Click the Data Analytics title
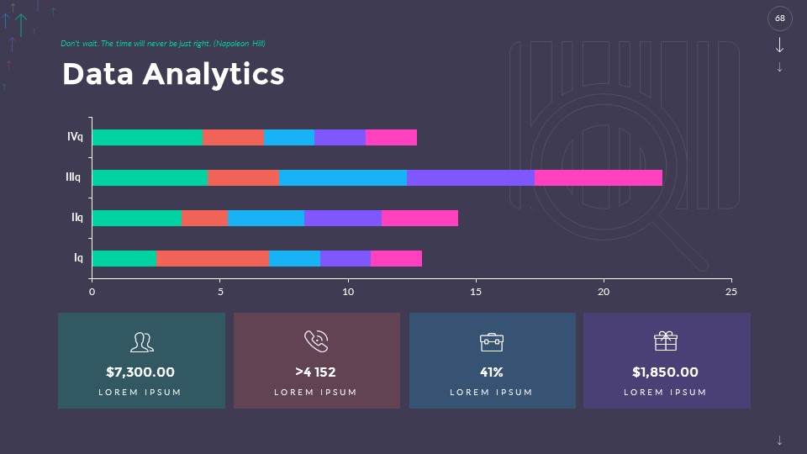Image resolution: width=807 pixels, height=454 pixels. [x=173, y=74]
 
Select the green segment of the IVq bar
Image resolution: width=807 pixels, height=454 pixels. [x=147, y=137]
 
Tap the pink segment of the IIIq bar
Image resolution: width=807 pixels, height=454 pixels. [x=598, y=177]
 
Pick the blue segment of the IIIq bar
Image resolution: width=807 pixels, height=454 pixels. [x=342, y=177]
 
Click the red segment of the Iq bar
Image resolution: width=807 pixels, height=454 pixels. [x=212, y=258]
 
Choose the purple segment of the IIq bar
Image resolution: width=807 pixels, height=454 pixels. [x=342, y=218]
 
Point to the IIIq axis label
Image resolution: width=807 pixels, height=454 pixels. [x=73, y=177]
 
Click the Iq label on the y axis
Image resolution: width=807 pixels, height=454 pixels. [x=78, y=258]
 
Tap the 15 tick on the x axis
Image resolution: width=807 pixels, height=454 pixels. [x=476, y=292]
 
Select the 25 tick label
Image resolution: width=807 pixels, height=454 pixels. [x=731, y=292]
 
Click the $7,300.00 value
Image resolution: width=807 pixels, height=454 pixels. [x=140, y=372]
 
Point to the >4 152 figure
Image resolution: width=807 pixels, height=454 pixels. [x=316, y=372]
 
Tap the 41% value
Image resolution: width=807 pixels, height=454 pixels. [x=492, y=372]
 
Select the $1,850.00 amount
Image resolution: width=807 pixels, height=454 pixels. [x=665, y=372]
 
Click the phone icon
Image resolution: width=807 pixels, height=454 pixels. [x=316, y=340]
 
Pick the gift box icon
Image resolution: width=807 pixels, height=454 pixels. [x=665, y=340]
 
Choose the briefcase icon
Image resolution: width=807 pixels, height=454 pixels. [x=492, y=341]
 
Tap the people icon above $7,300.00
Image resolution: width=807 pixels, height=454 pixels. [x=141, y=341]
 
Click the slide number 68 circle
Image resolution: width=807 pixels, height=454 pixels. [x=780, y=18]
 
